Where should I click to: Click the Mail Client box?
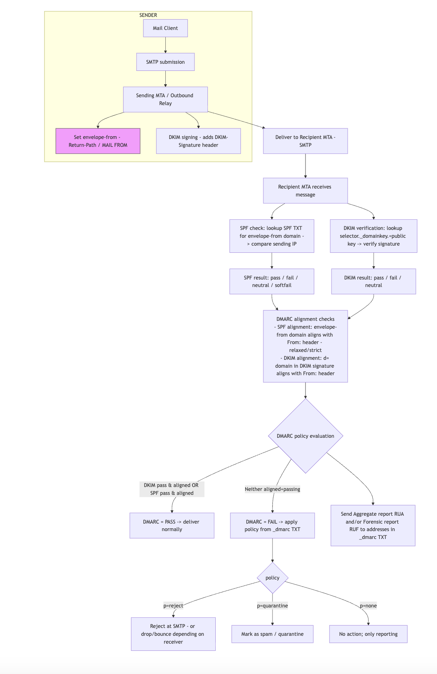tap(165, 28)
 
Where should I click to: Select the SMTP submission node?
tap(165, 62)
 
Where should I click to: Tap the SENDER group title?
tap(148, 15)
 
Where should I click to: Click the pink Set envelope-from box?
tap(98, 141)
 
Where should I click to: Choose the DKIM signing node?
tap(198, 141)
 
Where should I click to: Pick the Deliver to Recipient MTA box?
tap(305, 141)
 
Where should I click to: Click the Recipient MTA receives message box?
tap(305, 191)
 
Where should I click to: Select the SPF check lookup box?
tap(272, 236)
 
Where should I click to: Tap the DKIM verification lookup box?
tap(373, 236)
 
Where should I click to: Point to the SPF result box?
tap(272, 281)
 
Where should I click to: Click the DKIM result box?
tap(373, 281)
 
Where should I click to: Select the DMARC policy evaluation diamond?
tap(306, 436)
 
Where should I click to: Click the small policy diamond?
tap(272, 578)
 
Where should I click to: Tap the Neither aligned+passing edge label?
tap(272, 489)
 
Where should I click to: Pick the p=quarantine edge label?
tap(272, 605)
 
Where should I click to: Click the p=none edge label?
tap(368, 605)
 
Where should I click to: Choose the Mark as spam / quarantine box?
tap(272, 634)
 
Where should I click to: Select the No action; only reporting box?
tap(368, 634)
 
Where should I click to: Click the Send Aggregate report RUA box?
tap(373, 525)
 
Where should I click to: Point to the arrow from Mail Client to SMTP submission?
tap(165, 45)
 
